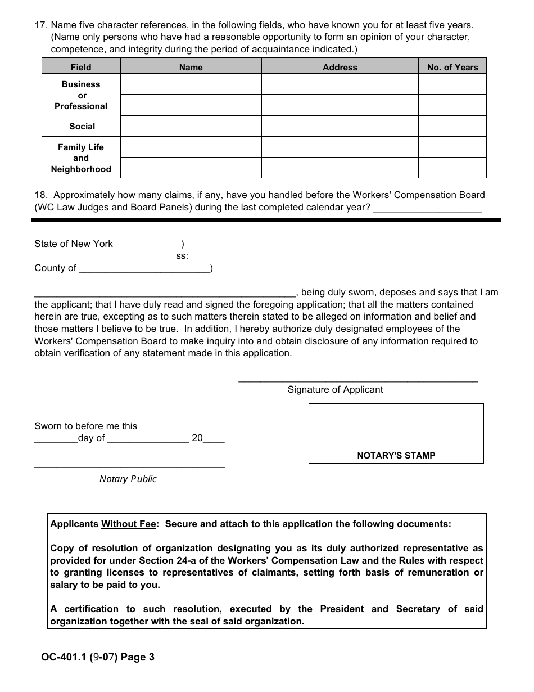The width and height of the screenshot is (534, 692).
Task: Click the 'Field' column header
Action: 81,67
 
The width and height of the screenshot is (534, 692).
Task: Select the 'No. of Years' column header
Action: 452,67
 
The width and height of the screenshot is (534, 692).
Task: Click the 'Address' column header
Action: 340,67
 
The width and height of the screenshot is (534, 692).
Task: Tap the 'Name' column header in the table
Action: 191,67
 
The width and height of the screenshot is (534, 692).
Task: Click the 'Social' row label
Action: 82,127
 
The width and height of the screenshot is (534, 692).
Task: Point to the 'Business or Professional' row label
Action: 81,95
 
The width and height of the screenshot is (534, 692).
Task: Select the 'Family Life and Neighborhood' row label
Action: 81,158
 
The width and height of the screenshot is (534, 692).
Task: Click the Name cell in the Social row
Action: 191,127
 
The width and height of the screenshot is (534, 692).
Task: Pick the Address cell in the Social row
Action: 340,127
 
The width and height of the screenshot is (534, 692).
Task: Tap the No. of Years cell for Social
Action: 452,127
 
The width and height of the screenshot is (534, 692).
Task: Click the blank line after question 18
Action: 427,208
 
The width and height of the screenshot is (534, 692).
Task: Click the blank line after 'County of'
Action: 144,269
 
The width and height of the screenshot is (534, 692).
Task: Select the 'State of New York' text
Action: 74,244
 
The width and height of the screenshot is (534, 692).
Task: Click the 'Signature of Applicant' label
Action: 335,389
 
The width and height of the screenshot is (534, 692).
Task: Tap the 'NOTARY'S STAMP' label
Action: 396,456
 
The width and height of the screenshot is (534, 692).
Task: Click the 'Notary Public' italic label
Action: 128,479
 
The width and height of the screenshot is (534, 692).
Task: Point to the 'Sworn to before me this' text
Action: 85,426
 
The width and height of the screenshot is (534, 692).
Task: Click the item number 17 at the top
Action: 40,25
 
